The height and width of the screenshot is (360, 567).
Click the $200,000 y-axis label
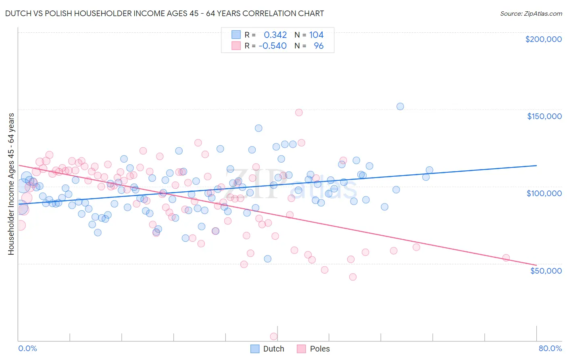click(543, 39)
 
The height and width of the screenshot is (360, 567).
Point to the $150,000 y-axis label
click(544, 116)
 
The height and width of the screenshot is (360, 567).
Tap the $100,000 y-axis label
click(544, 193)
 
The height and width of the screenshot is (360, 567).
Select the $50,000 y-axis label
click(546, 270)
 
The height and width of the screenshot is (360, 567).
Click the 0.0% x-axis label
click(27, 348)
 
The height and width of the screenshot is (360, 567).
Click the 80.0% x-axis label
click(550, 348)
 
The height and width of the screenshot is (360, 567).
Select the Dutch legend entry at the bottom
click(267, 349)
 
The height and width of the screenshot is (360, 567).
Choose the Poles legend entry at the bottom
click(313, 349)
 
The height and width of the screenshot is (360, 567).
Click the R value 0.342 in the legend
click(275, 35)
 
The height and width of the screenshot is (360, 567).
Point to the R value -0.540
click(273, 46)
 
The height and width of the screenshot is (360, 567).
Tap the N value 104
click(316, 35)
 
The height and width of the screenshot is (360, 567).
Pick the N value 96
click(319, 46)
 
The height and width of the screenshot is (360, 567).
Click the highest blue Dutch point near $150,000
click(400, 107)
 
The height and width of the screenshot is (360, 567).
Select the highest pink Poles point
click(299, 113)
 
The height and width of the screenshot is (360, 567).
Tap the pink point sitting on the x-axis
click(273, 336)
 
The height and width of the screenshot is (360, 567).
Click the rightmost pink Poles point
click(506, 258)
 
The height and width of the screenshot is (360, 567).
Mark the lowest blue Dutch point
click(267, 259)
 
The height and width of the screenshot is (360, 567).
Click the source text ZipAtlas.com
click(531, 14)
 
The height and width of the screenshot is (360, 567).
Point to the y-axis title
click(11, 184)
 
